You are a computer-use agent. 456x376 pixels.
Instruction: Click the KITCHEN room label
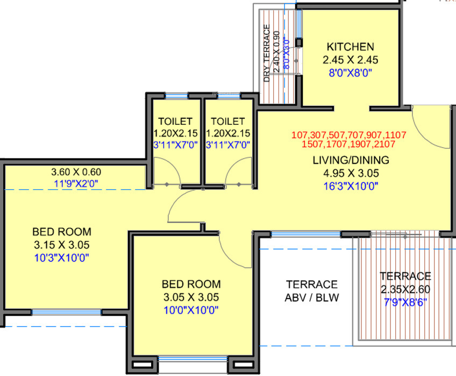(x=350, y=47)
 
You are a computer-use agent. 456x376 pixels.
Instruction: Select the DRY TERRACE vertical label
(x=266, y=53)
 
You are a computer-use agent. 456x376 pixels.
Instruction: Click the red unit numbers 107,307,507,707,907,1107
(x=348, y=134)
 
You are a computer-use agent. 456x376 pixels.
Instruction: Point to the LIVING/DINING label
(x=351, y=160)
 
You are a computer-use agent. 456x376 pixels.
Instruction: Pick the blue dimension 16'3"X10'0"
(x=351, y=186)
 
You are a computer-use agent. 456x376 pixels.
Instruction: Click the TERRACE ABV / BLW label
(x=312, y=290)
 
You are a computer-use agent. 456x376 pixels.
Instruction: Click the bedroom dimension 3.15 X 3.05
(x=62, y=245)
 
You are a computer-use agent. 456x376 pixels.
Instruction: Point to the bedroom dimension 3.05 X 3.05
(x=191, y=297)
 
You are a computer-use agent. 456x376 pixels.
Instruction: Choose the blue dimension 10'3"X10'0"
(x=62, y=257)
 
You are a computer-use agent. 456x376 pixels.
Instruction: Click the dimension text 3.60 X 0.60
(x=76, y=172)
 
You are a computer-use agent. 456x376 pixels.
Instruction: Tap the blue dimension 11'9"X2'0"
(x=76, y=183)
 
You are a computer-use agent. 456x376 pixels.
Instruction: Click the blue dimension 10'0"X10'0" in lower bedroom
(x=191, y=309)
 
